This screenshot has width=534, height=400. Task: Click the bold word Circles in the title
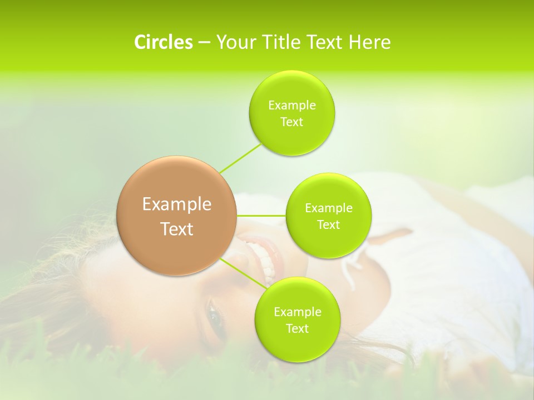pos(164,42)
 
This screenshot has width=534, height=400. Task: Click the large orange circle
pos(177,216)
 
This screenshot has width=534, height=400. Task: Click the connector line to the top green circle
pos(241,157)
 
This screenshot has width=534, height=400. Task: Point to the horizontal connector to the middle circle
pos(261,215)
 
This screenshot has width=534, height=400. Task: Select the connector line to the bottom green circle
pos(243,273)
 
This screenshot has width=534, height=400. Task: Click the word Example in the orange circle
pos(177,204)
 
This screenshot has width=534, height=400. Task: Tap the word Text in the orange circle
pos(177,229)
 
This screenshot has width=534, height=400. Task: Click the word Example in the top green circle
pos(292,106)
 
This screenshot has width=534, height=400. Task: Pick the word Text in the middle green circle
pos(329,225)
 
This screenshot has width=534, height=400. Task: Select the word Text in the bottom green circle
pos(297,329)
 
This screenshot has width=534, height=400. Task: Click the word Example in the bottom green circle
pos(297,312)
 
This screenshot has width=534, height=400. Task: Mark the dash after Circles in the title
pos(204,43)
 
